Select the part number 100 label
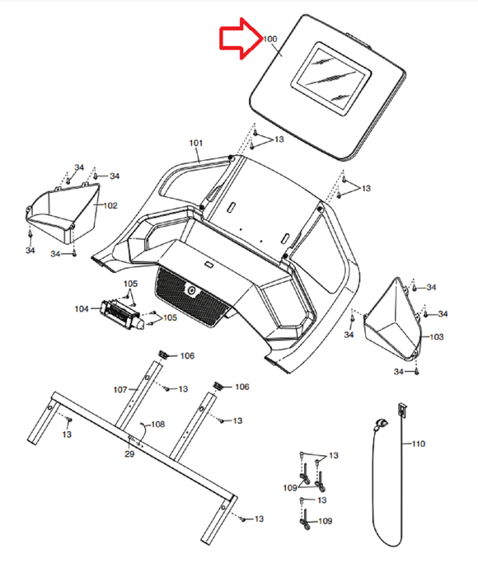(270, 40)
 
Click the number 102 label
(110, 204)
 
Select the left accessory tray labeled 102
(62, 214)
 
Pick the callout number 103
(437, 337)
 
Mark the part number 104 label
(82, 308)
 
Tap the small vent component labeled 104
(121, 313)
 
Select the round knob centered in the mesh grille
(191, 291)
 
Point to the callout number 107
(119, 388)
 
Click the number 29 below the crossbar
(129, 454)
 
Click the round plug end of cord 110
(381, 424)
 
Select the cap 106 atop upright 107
(162, 354)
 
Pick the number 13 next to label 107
(183, 388)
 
